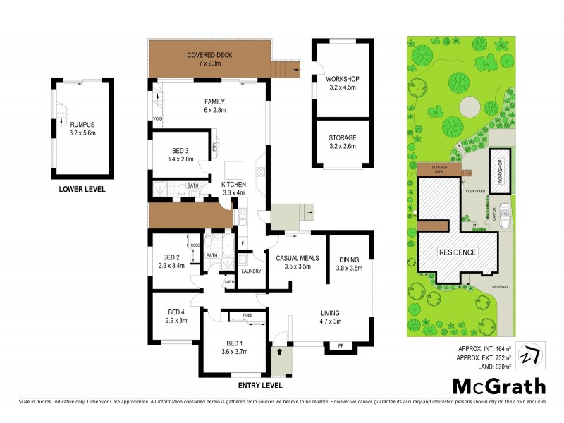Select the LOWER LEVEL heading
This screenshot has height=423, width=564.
coord(82,189)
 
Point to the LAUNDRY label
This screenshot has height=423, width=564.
coord(252,271)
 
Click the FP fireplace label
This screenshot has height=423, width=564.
coord(341,346)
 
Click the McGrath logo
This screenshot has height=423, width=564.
coord(498,386)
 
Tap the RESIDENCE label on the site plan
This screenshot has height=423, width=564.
coord(458,252)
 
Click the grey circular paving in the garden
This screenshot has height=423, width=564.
coord(470,108)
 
